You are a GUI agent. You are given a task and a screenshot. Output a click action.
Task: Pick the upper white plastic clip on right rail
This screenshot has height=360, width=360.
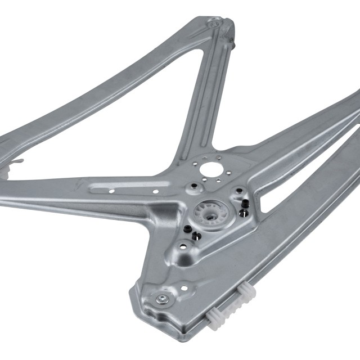click(x=246, y=291)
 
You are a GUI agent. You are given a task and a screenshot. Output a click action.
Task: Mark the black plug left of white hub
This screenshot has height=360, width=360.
click(x=186, y=229)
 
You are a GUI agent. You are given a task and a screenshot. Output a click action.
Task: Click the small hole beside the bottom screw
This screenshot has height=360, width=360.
click(x=184, y=288)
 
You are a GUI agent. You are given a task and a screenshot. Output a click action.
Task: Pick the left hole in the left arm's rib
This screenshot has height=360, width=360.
click(x=112, y=191)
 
